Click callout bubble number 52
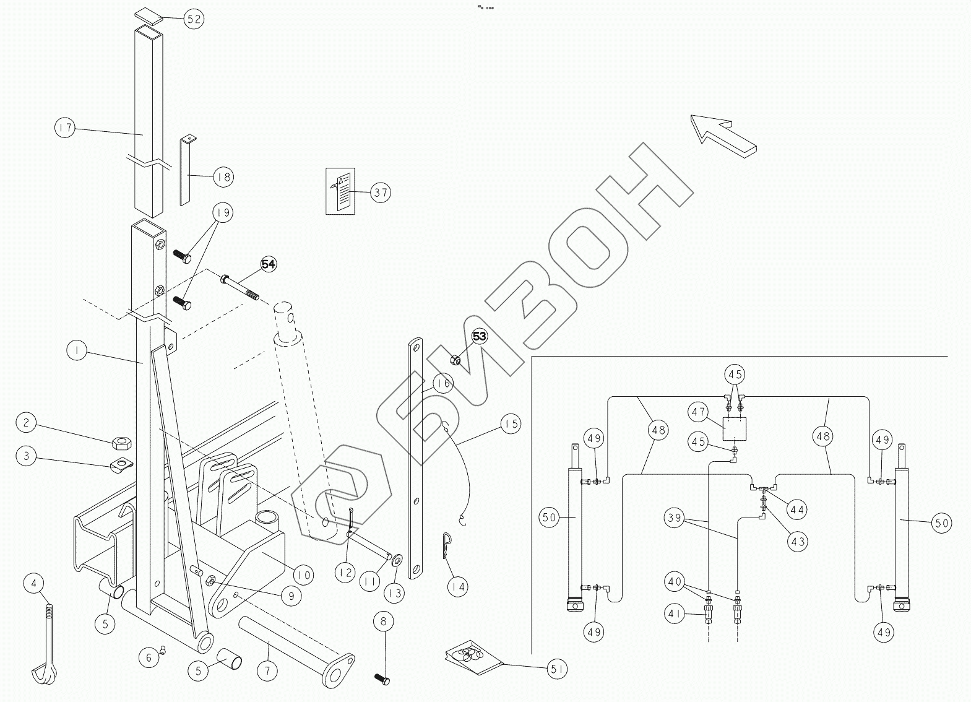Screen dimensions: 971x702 pos(194,19)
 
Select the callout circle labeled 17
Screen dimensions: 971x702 pos(64,129)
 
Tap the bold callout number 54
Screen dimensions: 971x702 pos(268,264)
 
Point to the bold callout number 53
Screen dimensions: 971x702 pos(480,337)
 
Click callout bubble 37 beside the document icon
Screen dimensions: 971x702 pos(381,193)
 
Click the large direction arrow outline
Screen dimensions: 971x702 pos(723,134)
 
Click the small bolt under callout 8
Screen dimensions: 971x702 pos(382,678)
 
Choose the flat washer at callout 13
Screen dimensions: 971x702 pos(395,560)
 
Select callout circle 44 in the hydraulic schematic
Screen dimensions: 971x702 pos(796,509)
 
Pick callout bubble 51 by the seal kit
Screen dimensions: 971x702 pos(558,669)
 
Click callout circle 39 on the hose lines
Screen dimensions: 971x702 pos(675,517)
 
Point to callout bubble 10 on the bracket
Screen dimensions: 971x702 pos(303,575)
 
